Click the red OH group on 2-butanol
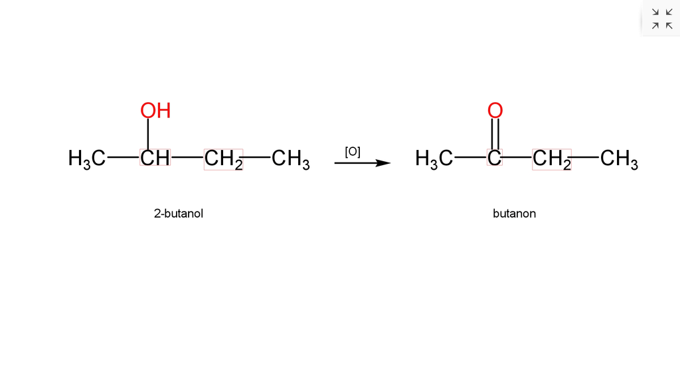(x=155, y=111)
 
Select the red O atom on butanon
(x=495, y=111)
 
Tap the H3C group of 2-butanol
(x=87, y=159)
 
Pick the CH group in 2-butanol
(x=155, y=158)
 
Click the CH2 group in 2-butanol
(x=223, y=159)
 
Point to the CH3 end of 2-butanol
(x=291, y=159)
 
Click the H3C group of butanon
(x=434, y=159)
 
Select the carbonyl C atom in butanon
(x=494, y=158)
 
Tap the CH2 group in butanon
(x=552, y=159)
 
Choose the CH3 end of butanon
(x=619, y=159)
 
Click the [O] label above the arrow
(x=353, y=152)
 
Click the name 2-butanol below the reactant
(x=178, y=214)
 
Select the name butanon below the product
(x=515, y=214)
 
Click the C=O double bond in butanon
(x=495, y=134)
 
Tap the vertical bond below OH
(x=148, y=134)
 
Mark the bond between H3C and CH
(x=123, y=157)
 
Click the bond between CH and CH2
(x=187, y=157)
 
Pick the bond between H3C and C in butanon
(x=471, y=157)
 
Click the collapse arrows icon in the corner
(x=662, y=19)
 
